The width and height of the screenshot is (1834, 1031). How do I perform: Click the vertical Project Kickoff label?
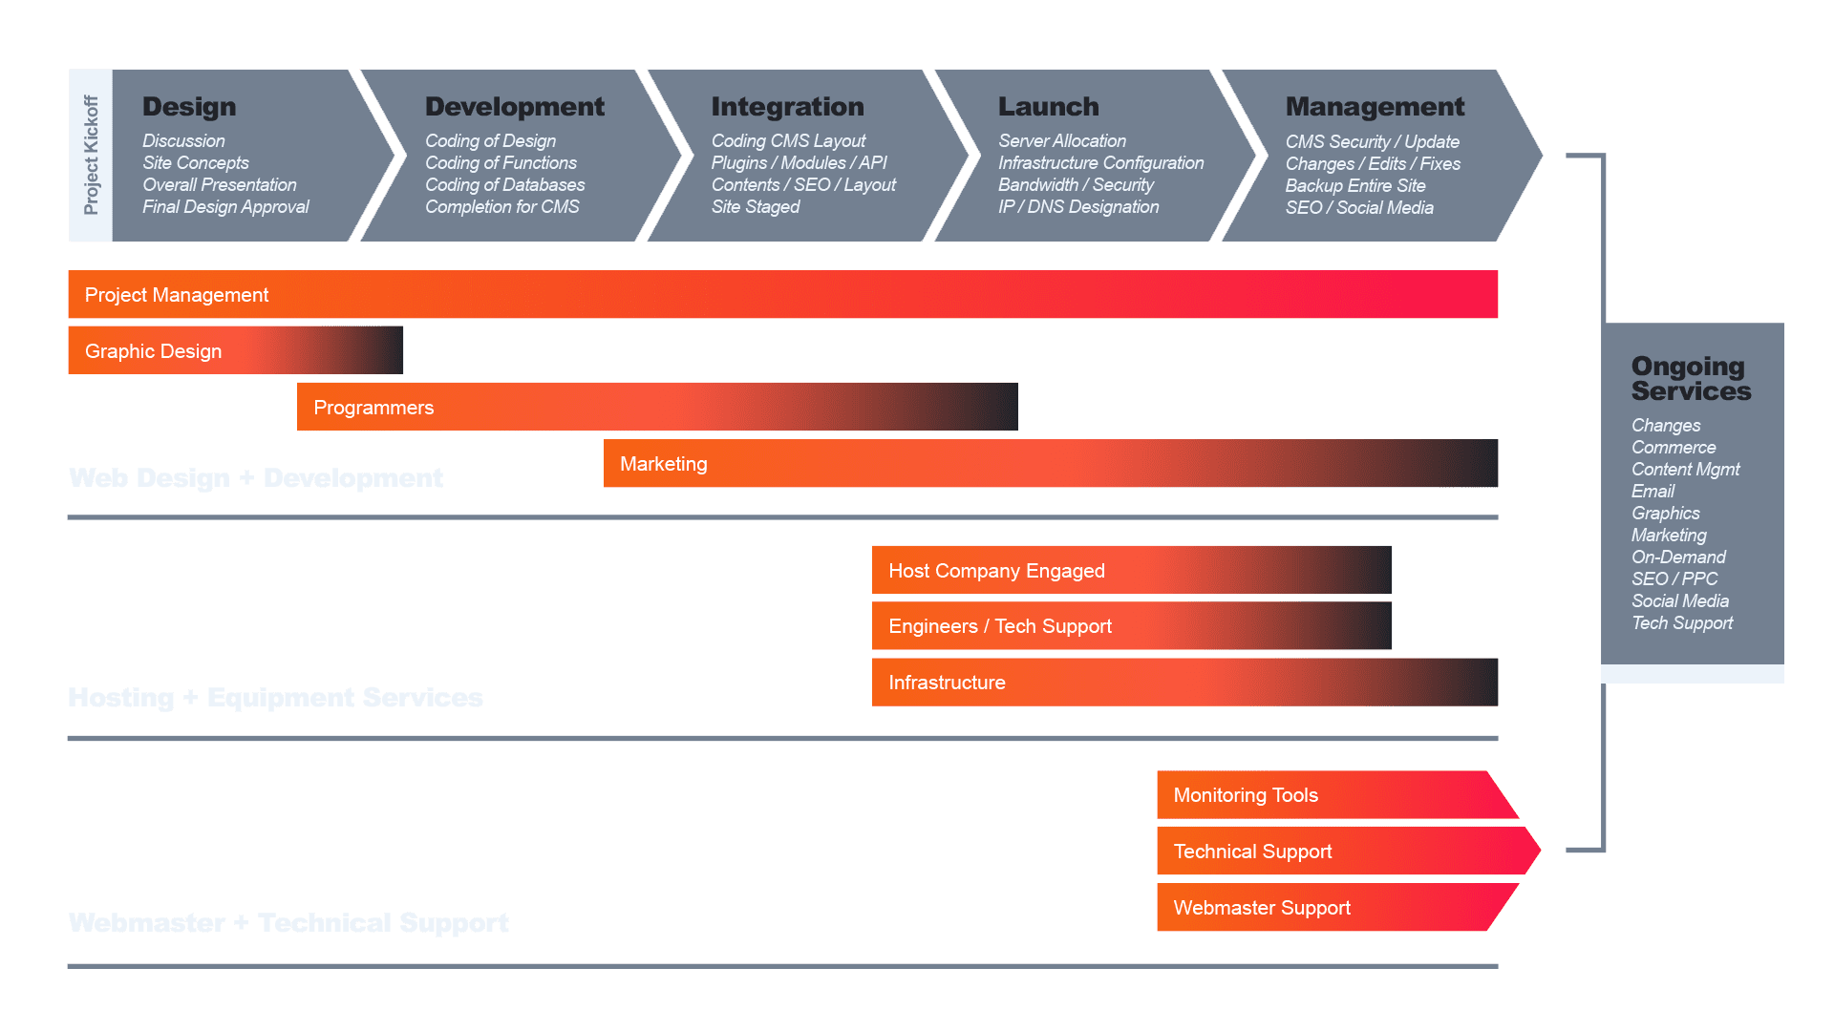(x=91, y=155)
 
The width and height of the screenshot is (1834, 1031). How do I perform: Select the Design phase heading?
(x=189, y=107)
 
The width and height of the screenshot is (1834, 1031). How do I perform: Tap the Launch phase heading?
(x=1048, y=107)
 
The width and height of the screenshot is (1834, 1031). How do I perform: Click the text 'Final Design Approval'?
(x=225, y=207)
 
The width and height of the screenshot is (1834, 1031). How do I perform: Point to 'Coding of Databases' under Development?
(x=504, y=185)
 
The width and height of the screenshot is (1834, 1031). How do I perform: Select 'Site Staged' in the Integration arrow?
(x=755, y=207)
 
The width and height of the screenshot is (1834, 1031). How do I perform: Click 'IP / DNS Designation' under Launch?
(x=1077, y=207)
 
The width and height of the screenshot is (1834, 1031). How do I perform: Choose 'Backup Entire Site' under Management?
(x=1354, y=186)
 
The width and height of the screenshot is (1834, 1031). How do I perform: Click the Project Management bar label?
(x=177, y=295)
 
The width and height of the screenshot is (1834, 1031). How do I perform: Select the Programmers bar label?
(x=373, y=408)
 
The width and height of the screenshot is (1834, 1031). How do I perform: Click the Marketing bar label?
(x=663, y=464)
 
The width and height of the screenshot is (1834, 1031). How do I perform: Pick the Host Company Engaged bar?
(x=996, y=571)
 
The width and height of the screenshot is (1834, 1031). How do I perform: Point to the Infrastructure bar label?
(x=947, y=683)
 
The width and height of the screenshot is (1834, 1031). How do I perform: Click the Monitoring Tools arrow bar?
(x=1246, y=795)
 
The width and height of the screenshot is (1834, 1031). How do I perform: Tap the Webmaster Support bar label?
(x=1262, y=908)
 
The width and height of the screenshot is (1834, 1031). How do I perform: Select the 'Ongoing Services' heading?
(x=1690, y=379)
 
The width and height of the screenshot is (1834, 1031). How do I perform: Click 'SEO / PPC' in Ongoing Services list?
(x=1674, y=579)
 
